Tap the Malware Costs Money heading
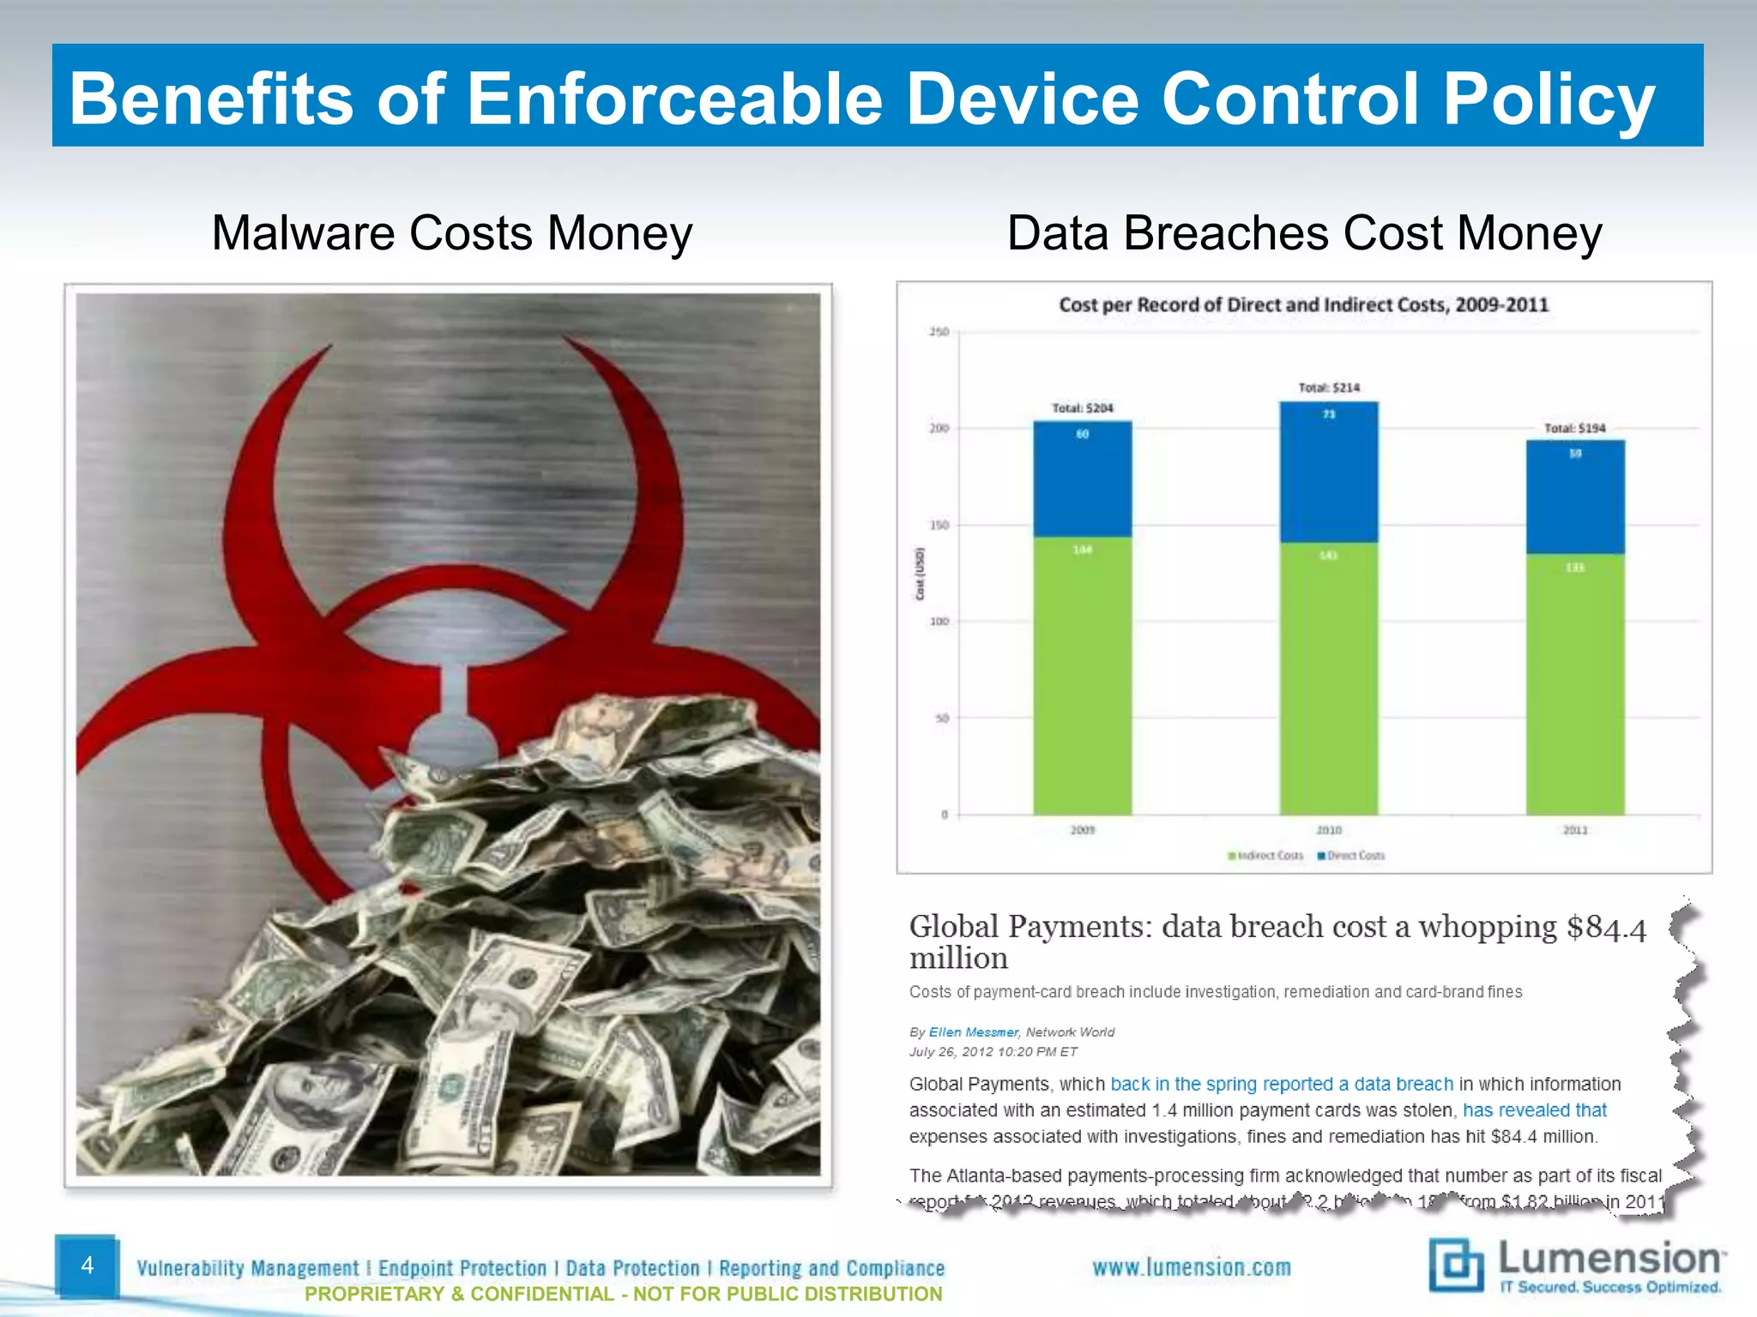point(451,233)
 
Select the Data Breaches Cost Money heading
point(1304,233)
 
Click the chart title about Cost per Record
point(1303,304)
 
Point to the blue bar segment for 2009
point(1082,480)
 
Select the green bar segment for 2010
point(1329,677)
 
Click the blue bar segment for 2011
point(1575,497)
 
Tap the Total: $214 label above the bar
point(1329,388)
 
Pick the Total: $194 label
point(1575,428)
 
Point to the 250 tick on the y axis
point(939,332)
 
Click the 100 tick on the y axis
point(939,622)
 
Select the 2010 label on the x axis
point(1329,830)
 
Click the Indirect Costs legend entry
point(1266,856)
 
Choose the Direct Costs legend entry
point(1352,856)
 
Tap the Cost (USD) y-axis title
point(920,574)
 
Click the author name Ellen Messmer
point(973,1032)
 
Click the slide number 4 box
point(87,1266)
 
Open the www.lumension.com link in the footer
point(1191,1267)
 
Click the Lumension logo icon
point(1456,1265)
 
